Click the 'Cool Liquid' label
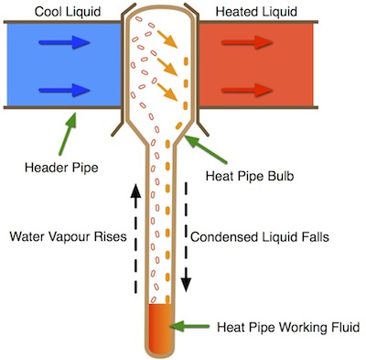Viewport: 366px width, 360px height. click(x=68, y=12)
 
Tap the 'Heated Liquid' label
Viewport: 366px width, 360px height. click(x=256, y=12)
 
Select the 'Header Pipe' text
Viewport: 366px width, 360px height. click(x=61, y=168)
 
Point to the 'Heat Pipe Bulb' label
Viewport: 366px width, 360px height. click(x=250, y=176)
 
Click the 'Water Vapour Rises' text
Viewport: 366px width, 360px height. click(x=68, y=236)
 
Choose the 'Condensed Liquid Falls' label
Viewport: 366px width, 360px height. click(x=260, y=237)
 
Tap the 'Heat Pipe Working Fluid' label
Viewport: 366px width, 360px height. click(x=288, y=327)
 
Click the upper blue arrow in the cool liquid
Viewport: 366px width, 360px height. click(x=64, y=42)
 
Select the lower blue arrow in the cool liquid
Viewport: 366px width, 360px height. click(x=64, y=90)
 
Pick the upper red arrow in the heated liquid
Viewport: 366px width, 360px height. click(x=247, y=42)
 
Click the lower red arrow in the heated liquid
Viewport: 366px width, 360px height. click(x=247, y=90)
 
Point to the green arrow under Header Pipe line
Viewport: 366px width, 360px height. click(x=68, y=134)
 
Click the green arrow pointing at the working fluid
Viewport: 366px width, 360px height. click(x=189, y=326)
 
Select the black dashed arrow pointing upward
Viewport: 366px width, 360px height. click(x=135, y=238)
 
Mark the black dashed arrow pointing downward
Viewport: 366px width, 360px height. click(x=186, y=236)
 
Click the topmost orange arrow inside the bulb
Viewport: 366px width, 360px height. click(x=167, y=38)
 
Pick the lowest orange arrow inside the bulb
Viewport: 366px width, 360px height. click(x=167, y=92)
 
